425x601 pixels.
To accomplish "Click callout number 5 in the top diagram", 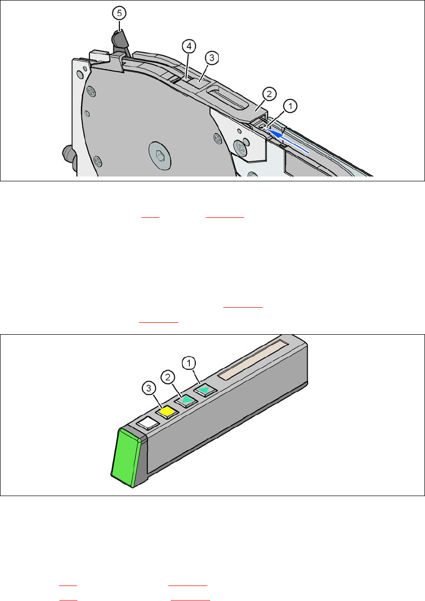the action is point(119,13).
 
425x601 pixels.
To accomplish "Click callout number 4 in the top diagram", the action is point(189,46).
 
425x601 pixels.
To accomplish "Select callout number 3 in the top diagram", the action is point(212,57).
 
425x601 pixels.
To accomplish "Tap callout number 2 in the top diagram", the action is point(269,94).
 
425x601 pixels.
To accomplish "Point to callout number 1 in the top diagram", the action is point(290,106).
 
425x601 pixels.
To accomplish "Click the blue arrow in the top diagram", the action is point(288,141).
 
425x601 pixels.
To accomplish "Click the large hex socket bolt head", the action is point(160,155).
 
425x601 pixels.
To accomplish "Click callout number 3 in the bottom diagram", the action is point(149,388).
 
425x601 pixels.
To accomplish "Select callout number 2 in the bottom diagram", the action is point(168,377).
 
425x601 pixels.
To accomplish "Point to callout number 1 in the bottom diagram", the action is point(189,363).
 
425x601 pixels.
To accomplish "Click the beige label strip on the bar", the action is point(253,360).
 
